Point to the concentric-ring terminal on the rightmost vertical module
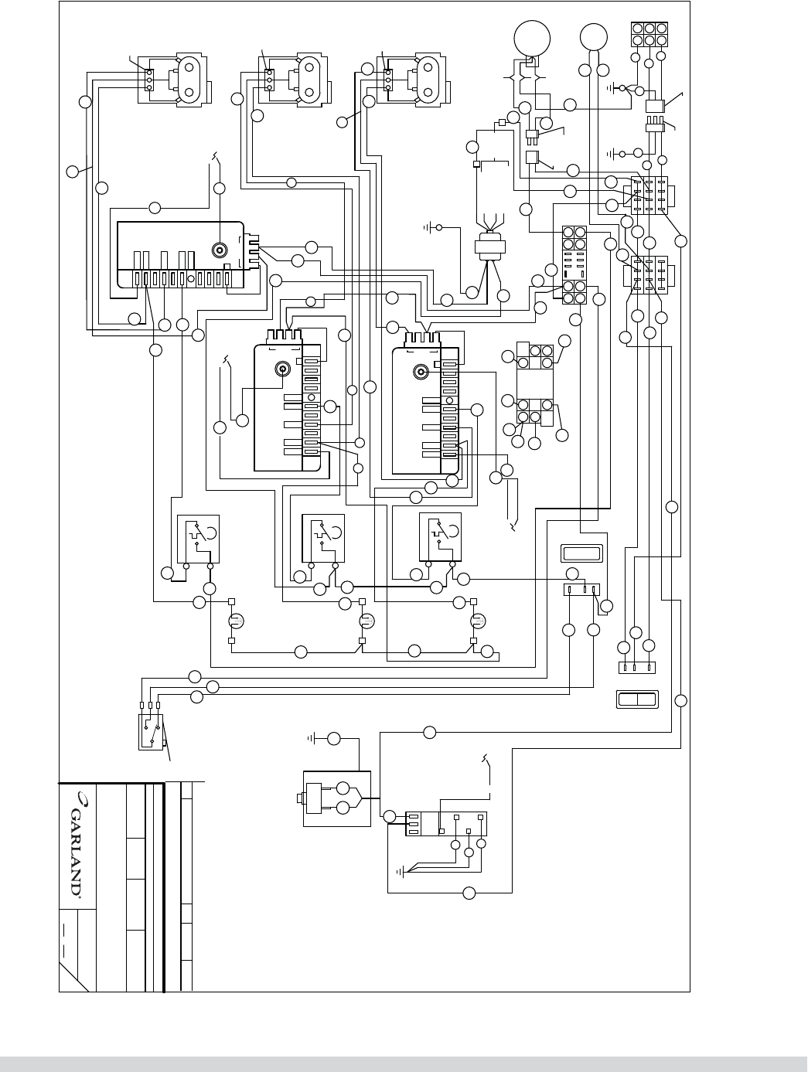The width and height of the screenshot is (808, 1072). [x=421, y=371]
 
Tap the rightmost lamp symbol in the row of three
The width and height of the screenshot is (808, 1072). [x=479, y=621]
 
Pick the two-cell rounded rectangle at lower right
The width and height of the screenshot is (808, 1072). [x=636, y=699]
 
